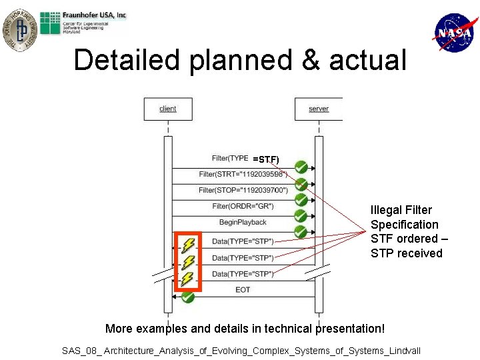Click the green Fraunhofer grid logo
point(50,23)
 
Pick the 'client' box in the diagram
point(168,109)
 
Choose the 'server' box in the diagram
point(319,109)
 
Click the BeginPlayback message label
point(243,222)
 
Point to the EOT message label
point(243,290)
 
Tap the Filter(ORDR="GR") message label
point(243,206)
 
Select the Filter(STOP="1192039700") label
point(243,190)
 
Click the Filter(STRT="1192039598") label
point(243,174)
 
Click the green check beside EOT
point(187,296)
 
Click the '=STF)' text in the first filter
point(266,159)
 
